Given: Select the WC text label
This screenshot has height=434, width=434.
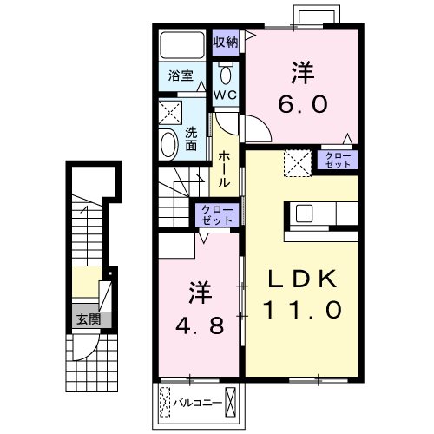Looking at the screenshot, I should pyautogui.click(x=226, y=94).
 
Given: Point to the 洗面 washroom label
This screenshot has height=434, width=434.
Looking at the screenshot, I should pyautogui.click(x=192, y=139).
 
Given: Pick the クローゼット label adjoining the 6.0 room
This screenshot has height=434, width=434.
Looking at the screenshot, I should pyautogui.click(x=336, y=159).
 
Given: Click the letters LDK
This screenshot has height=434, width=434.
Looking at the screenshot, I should pyautogui.click(x=304, y=278).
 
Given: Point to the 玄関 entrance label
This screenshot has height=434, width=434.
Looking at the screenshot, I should pyautogui.click(x=87, y=319).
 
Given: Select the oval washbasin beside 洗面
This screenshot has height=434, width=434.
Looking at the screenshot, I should pyautogui.click(x=168, y=143).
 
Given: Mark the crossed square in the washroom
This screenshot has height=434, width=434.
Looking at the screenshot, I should pyautogui.click(x=169, y=112).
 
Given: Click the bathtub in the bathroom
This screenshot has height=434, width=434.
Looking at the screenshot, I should pyautogui.click(x=181, y=44).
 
